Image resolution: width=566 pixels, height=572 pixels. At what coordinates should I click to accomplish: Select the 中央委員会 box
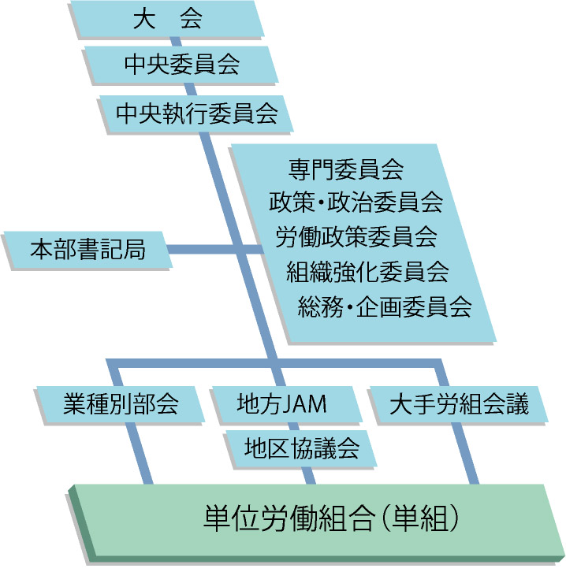[181, 65]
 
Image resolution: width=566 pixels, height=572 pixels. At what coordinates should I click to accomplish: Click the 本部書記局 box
[88, 251]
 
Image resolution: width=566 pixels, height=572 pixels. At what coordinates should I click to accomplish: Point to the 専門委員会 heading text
[346, 168]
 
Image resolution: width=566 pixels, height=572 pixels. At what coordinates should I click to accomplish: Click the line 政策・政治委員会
[356, 202]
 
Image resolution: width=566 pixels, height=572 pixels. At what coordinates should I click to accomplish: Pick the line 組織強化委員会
[367, 273]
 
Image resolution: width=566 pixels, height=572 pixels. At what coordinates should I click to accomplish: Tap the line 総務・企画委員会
[385, 307]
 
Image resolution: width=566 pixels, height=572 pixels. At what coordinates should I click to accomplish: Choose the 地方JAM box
[282, 405]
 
